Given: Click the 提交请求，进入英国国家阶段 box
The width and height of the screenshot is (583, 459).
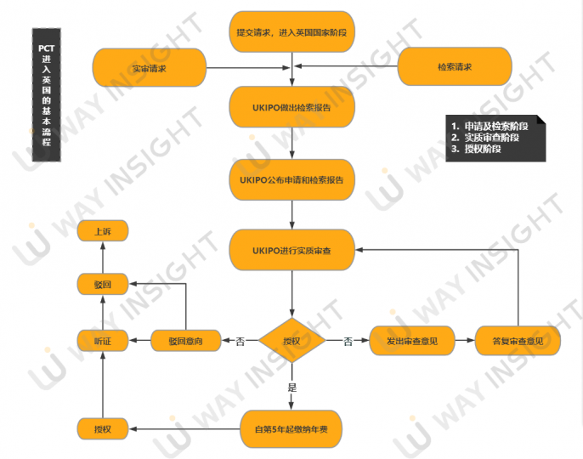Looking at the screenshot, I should coord(291,32).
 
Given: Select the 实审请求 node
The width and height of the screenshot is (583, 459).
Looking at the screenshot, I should coord(150,68).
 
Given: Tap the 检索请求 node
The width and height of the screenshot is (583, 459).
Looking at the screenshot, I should coord(455,66).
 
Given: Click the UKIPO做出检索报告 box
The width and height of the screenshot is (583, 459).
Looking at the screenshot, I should coord(291,108).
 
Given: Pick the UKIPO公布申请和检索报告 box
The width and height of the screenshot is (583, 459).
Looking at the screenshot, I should coord(291,179).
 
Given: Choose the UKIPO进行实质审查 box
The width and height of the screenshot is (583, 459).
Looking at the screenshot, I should coord(291,250).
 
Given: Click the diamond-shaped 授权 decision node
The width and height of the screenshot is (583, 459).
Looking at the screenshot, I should coord(291,342).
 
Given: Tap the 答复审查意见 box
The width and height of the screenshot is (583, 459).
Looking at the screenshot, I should coord(519,342).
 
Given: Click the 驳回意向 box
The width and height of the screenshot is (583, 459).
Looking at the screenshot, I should coord(188,342).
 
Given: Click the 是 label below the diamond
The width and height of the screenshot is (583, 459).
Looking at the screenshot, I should coord(291,388).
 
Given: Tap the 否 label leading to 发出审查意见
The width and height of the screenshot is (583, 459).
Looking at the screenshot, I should coord(348,342).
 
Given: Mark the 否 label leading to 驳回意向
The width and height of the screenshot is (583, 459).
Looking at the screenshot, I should coord(240,342).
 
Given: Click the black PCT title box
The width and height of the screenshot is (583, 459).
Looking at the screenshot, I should coord(46,94).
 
